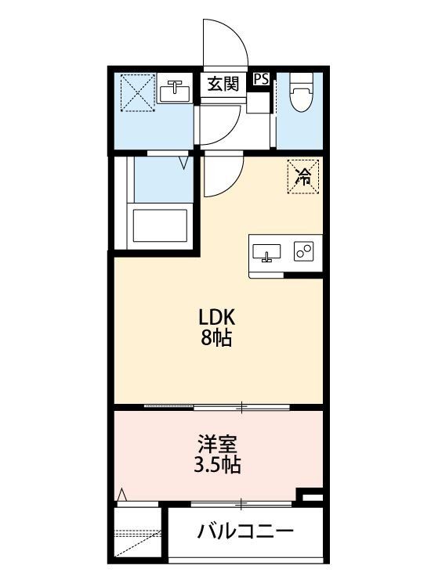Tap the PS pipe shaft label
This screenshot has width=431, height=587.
pyautogui.click(x=262, y=79)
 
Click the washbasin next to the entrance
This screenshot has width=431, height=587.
pyautogui.click(x=176, y=92)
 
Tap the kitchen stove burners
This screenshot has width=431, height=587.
pyautogui.click(x=303, y=251)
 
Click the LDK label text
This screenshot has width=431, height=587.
pyautogui.click(x=215, y=319)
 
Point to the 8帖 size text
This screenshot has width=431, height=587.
pyautogui.click(x=215, y=340)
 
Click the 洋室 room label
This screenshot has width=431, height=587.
pyautogui.click(x=215, y=443)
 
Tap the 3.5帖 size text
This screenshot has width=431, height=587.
pyautogui.click(x=215, y=465)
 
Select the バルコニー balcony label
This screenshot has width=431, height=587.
pyautogui.click(x=245, y=533)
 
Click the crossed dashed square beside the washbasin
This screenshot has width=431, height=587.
pyautogui.click(x=135, y=92)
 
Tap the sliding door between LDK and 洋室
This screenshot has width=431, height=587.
pyautogui.click(x=218, y=407)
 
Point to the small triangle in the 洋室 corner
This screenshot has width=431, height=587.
pyautogui.click(x=122, y=495)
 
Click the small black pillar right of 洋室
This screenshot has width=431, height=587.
pyautogui.click(x=312, y=496)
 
